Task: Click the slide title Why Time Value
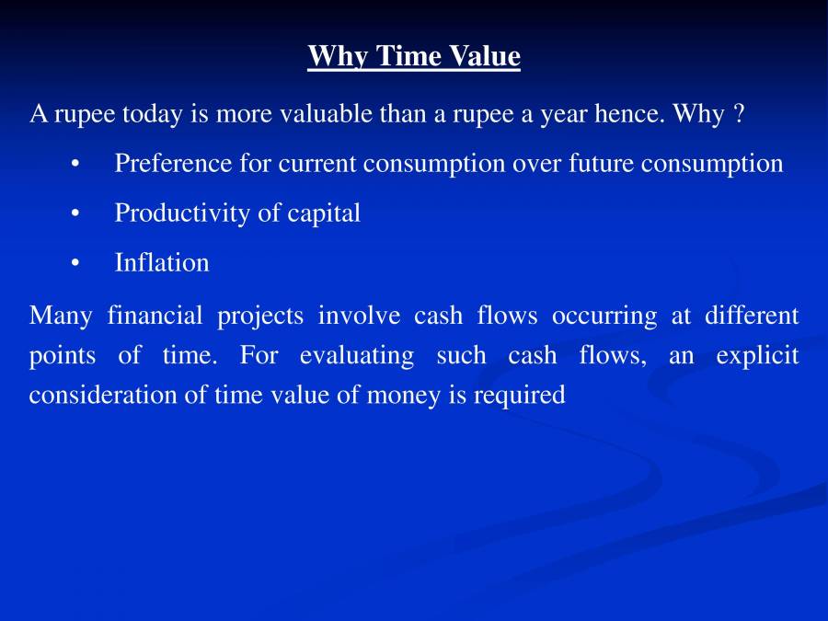[x=414, y=56]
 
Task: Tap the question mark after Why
[x=738, y=114]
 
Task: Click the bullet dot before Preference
[x=75, y=165]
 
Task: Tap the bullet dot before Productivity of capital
[x=75, y=214]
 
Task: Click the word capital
[x=324, y=213]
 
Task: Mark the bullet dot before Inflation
[x=75, y=264]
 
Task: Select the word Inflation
[x=162, y=263]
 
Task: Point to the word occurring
[x=604, y=316]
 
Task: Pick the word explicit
[x=758, y=355]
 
